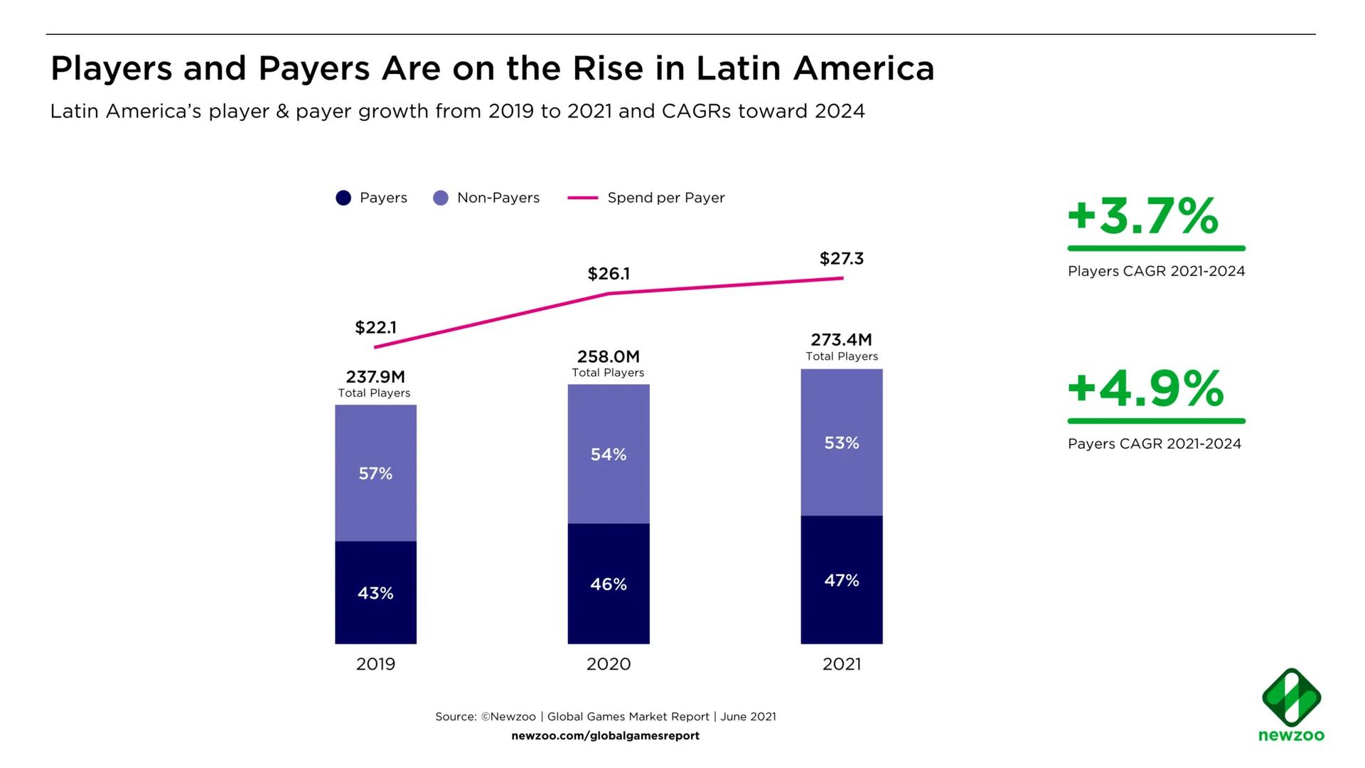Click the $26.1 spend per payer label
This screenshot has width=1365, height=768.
(x=609, y=274)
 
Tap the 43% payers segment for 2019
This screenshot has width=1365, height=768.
(x=375, y=593)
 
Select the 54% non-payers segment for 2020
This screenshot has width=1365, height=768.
(x=609, y=454)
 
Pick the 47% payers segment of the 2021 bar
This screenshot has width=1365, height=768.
(x=842, y=580)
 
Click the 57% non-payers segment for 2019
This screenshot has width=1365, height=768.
(x=375, y=474)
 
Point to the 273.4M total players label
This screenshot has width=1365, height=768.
(x=841, y=340)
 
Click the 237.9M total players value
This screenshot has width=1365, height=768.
(x=375, y=376)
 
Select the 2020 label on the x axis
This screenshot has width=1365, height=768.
(x=609, y=664)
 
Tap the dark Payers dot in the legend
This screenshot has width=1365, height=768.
(x=343, y=198)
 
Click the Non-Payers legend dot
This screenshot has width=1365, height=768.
(x=441, y=198)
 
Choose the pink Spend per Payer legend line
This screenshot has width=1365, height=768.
(x=582, y=198)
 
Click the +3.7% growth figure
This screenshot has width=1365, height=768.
(x=1143, y=216)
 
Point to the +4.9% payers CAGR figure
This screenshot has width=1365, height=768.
(x=1145, y=389)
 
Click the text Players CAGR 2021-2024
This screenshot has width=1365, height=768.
(x=1156, y=271)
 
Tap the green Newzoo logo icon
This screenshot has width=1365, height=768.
(x=1291, y=698)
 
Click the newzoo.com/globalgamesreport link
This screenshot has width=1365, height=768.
(x=605, y=736)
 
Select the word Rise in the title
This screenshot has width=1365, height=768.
(x=608, y=69)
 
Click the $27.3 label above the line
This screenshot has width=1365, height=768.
(x=841, y=259)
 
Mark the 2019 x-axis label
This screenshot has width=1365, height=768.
(x=375, y=664)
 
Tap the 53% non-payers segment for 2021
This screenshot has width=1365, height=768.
(x=842, y=443)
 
